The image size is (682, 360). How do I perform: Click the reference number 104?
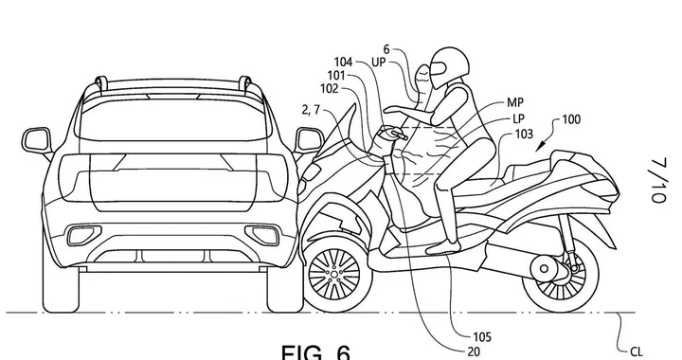coord(344,62)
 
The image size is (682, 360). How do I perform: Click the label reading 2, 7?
coord(309,113)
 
